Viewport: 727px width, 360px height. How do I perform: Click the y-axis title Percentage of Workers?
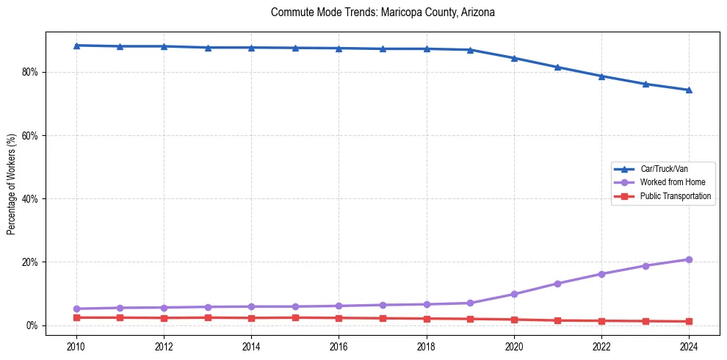click(x=11, y=184)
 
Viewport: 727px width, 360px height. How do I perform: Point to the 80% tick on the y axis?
click(x=31, y=72)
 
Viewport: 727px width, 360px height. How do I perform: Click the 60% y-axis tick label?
click(x=31, y=136)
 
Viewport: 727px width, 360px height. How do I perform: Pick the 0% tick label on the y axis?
click(x=33, y=325)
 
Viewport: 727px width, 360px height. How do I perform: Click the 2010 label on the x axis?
click(x=76, y=346)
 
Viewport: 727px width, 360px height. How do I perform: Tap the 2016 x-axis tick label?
click(x=339, y=346)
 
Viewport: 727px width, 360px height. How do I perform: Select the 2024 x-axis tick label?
click(x=689, y=346)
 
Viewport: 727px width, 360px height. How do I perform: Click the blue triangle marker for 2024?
click(x=689, y=90)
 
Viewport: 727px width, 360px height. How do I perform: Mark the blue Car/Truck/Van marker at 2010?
click(x=76, y=46)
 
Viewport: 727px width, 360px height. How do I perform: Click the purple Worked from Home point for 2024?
click(x=689, y=259)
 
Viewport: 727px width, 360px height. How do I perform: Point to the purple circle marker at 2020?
click(x=514, y=294)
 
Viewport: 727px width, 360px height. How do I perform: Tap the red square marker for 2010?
click(x=76, y=317)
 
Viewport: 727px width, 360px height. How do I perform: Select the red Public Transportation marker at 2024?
click(x=689, y=321)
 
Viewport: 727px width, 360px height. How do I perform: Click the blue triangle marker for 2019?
click(x=470, y=50)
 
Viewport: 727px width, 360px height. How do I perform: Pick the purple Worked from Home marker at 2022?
click(x=601, y=274)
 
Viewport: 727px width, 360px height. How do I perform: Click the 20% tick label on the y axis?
click(x=31, y=262)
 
